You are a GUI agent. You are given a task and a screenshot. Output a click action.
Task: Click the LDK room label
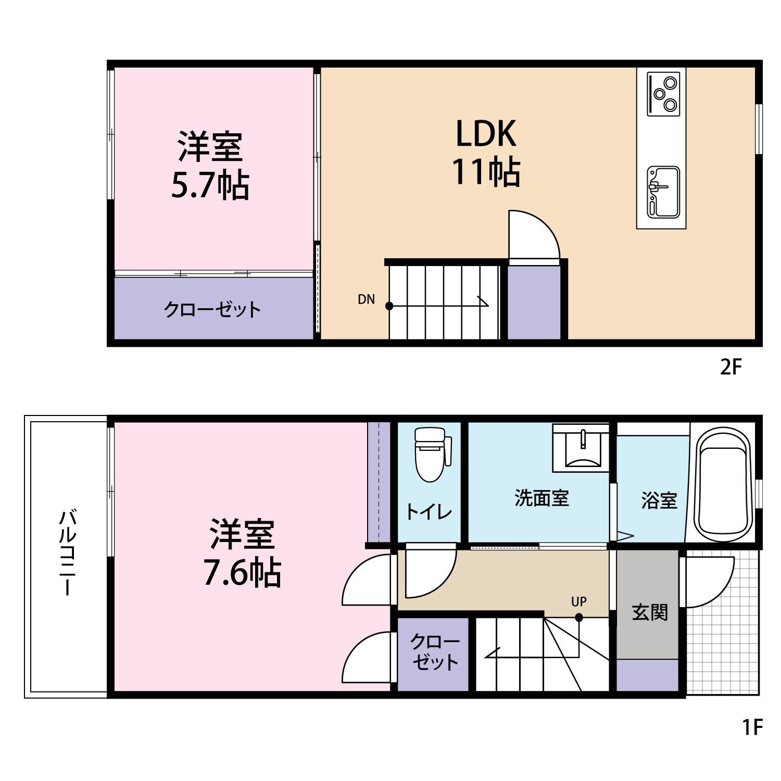(x=486, y=134)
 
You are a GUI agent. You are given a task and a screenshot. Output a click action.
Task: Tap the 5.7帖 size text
(x=210, y=185)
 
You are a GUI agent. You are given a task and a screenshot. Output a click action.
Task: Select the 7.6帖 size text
(x=242, y=573)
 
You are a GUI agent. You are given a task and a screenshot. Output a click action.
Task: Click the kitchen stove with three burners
(x=663, y=94)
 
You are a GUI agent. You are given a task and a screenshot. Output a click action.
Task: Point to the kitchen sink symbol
(x=663, y=192)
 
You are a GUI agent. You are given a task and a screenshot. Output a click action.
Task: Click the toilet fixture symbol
(x=430, y=454)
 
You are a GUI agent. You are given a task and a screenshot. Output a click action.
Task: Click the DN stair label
(x=366, y=299)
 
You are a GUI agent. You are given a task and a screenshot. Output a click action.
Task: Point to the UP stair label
(x=579, y=602)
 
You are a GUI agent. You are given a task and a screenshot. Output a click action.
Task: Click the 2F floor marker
(x=730, y=368)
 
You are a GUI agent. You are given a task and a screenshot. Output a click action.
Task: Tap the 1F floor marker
(x=752, y=727)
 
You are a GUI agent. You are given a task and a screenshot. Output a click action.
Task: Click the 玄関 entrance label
(x=649, y=612)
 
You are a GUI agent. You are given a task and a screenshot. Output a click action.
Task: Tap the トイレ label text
(x=429, y=512)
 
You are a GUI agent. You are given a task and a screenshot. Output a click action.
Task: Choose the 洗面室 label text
(x=541, y=498)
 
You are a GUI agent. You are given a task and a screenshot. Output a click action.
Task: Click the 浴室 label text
(x=659, y=501)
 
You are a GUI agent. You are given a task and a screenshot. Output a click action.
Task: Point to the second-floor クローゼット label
(x=212, y=310)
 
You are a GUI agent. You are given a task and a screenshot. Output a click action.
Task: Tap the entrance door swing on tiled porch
(x=708, y=582)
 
